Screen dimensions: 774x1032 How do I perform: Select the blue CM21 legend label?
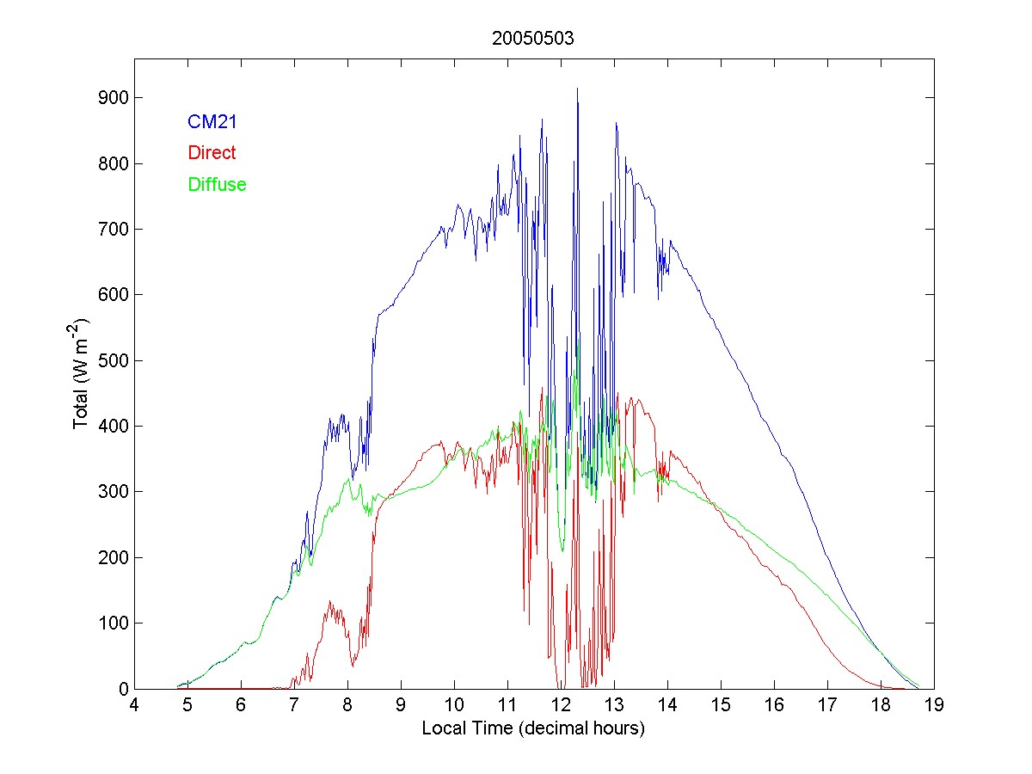point(212,122)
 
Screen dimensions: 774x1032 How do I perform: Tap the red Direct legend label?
point(212,153)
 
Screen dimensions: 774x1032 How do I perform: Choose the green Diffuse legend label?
point(217,184)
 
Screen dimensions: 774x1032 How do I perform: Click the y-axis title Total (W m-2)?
point(83,373)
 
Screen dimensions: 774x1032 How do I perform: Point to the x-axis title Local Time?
point(533,728)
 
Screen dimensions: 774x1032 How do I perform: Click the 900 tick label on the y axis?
point(114,98)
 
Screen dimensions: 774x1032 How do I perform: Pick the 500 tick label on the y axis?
point(114,360)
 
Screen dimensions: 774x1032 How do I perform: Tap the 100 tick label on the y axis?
point(114,623)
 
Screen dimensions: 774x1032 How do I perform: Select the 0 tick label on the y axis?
point(122,689)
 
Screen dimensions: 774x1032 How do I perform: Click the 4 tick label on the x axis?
point(134,705)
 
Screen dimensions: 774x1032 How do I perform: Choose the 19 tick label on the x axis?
point(934,705)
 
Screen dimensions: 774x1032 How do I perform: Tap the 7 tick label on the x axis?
point(294,705)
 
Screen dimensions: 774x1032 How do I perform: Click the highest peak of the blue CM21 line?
point(577,89)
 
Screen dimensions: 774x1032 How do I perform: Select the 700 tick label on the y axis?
point(114,230)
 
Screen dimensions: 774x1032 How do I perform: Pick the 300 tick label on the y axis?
point(114,492)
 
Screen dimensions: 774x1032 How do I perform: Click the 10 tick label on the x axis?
point(454,705)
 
